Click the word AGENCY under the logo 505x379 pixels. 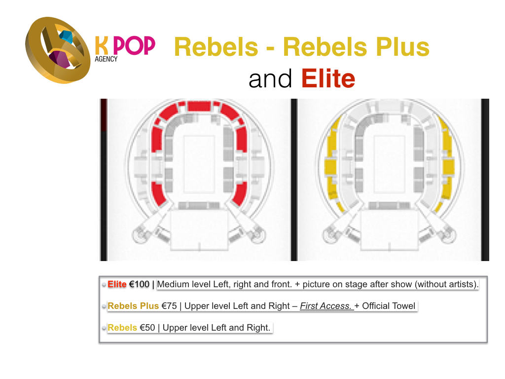pos(106,59)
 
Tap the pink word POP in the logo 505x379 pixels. pos(134,45)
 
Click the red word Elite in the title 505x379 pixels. pos(328,78)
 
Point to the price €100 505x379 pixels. pos(139,284)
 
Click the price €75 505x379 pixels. pos(169,306)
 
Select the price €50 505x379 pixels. pos(147,328)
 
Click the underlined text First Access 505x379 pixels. pos(326,306)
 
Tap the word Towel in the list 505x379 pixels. pos(402,306)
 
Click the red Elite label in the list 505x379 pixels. pos(117,284)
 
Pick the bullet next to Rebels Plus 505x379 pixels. pos(104,306)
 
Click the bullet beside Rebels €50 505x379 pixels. pos(104,328)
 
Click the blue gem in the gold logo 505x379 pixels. pos(66,37)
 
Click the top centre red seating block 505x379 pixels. pos(199,106)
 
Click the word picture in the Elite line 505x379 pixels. pos(318,284)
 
